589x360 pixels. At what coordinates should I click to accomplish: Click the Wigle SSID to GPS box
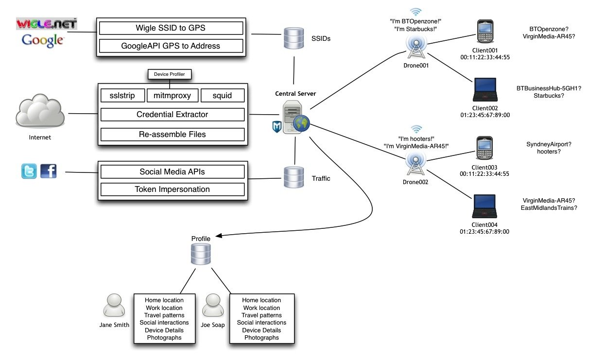171,28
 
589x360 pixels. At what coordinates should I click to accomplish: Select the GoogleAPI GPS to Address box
171,46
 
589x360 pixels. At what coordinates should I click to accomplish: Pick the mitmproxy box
172,95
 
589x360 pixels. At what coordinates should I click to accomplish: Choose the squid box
222,95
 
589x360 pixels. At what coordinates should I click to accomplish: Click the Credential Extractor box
172,115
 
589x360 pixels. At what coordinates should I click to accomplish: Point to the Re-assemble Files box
172,134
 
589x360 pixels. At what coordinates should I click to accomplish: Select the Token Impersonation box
172,189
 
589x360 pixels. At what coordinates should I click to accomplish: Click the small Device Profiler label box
170,74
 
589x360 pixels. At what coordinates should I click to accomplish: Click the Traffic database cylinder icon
294,178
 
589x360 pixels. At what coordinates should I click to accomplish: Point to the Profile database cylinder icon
201,254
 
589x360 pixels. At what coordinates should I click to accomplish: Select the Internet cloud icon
40,112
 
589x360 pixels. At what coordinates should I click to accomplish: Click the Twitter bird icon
29,171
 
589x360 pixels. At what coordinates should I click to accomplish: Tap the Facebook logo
48,171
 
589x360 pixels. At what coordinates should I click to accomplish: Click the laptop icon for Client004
484,207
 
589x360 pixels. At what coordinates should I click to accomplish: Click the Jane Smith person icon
115,306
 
